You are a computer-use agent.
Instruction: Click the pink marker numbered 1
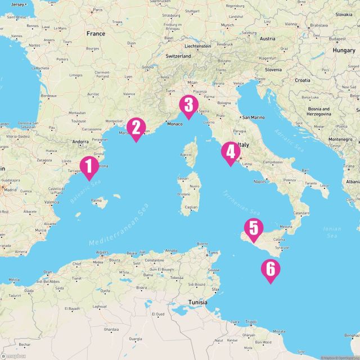tap(88, 166)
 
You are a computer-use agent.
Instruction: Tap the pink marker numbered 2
tap(136, 128)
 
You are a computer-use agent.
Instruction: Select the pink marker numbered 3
tap(188, 106)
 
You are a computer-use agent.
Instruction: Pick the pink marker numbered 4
tap(229, 153)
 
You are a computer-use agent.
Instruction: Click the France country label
tap(96, 34)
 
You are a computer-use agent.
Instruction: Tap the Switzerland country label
tap(178, 57)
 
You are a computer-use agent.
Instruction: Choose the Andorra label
tap(82, 142)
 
